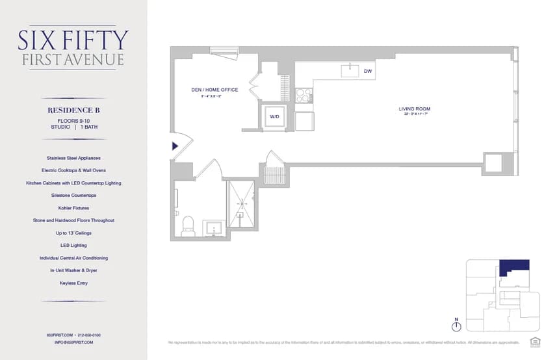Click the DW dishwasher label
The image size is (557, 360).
367,71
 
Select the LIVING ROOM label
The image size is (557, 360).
415,109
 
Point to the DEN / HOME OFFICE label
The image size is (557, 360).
214,90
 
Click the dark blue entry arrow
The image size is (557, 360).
174,146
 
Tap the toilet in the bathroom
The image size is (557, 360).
188,224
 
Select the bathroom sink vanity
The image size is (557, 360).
214,227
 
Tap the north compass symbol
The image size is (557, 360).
456,326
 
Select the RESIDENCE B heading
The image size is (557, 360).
73,110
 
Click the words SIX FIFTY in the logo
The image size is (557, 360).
73,41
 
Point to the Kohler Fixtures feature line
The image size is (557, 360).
73,208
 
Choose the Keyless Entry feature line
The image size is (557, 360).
73,283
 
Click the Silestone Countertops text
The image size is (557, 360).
73,195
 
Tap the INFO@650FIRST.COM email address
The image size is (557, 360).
73,342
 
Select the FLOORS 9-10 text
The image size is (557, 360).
73,120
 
